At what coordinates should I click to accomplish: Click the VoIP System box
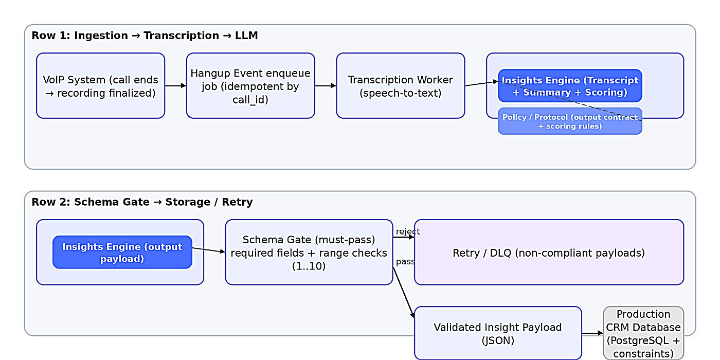click(100, 86)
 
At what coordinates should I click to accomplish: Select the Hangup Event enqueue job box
click(250, 86)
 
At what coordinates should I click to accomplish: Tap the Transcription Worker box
click(400, 86)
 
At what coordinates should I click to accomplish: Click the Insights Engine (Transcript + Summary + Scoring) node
click(570, 86)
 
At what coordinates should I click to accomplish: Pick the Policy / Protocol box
click(570, 122)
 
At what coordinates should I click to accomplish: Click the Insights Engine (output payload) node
click(122, 253)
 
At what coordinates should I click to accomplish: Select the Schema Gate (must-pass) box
click(309, 253)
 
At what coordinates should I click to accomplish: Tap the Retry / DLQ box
click(549, 253)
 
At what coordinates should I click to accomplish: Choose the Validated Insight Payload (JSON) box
click(497, 333)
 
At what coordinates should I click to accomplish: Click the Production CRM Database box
click(643, 333)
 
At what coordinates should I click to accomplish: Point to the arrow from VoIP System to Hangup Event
click(175, 86)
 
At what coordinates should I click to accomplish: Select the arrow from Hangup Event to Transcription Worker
click(325, 86)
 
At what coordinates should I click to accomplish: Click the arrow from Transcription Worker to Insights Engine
click(481, 83)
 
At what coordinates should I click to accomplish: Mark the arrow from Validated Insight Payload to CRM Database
click(592, 333)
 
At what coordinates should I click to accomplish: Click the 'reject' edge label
click(408, 231)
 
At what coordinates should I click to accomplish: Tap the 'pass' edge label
click(405, 261)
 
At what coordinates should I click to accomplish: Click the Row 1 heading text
click(145, 35)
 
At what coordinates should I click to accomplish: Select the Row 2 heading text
click(142, 202)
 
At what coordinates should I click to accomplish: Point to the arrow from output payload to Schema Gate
click(208, 250)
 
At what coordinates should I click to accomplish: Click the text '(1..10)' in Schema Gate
click(309, 266)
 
